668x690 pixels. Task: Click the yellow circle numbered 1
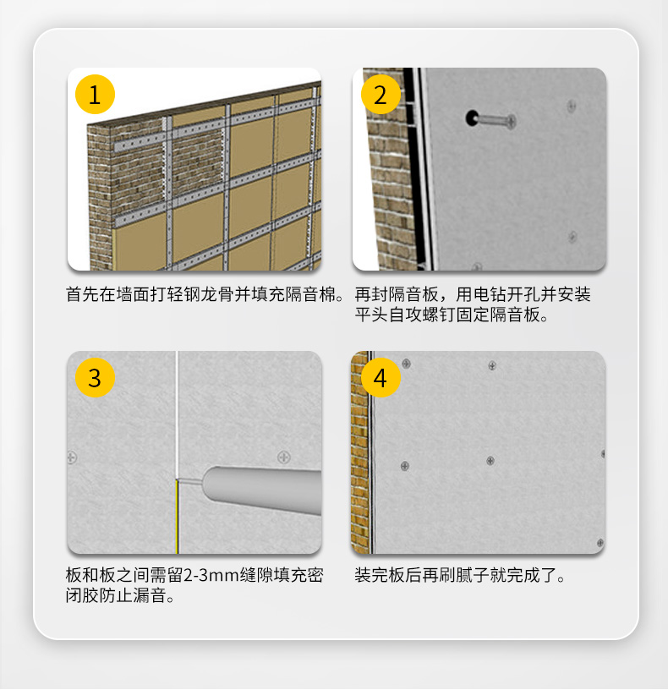pos(95,94)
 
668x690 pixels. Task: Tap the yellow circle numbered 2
pos(381,94)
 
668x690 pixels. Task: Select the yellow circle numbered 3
pos(95,378)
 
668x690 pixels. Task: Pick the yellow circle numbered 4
pos(381,378)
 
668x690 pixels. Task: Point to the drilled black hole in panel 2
pos(472,118)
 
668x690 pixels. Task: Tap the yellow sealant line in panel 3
pos(177,517)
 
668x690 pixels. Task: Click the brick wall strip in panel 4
pos(359,452)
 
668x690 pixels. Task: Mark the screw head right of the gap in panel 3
pos(284,457)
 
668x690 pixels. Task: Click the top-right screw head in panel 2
pos(572,106)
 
